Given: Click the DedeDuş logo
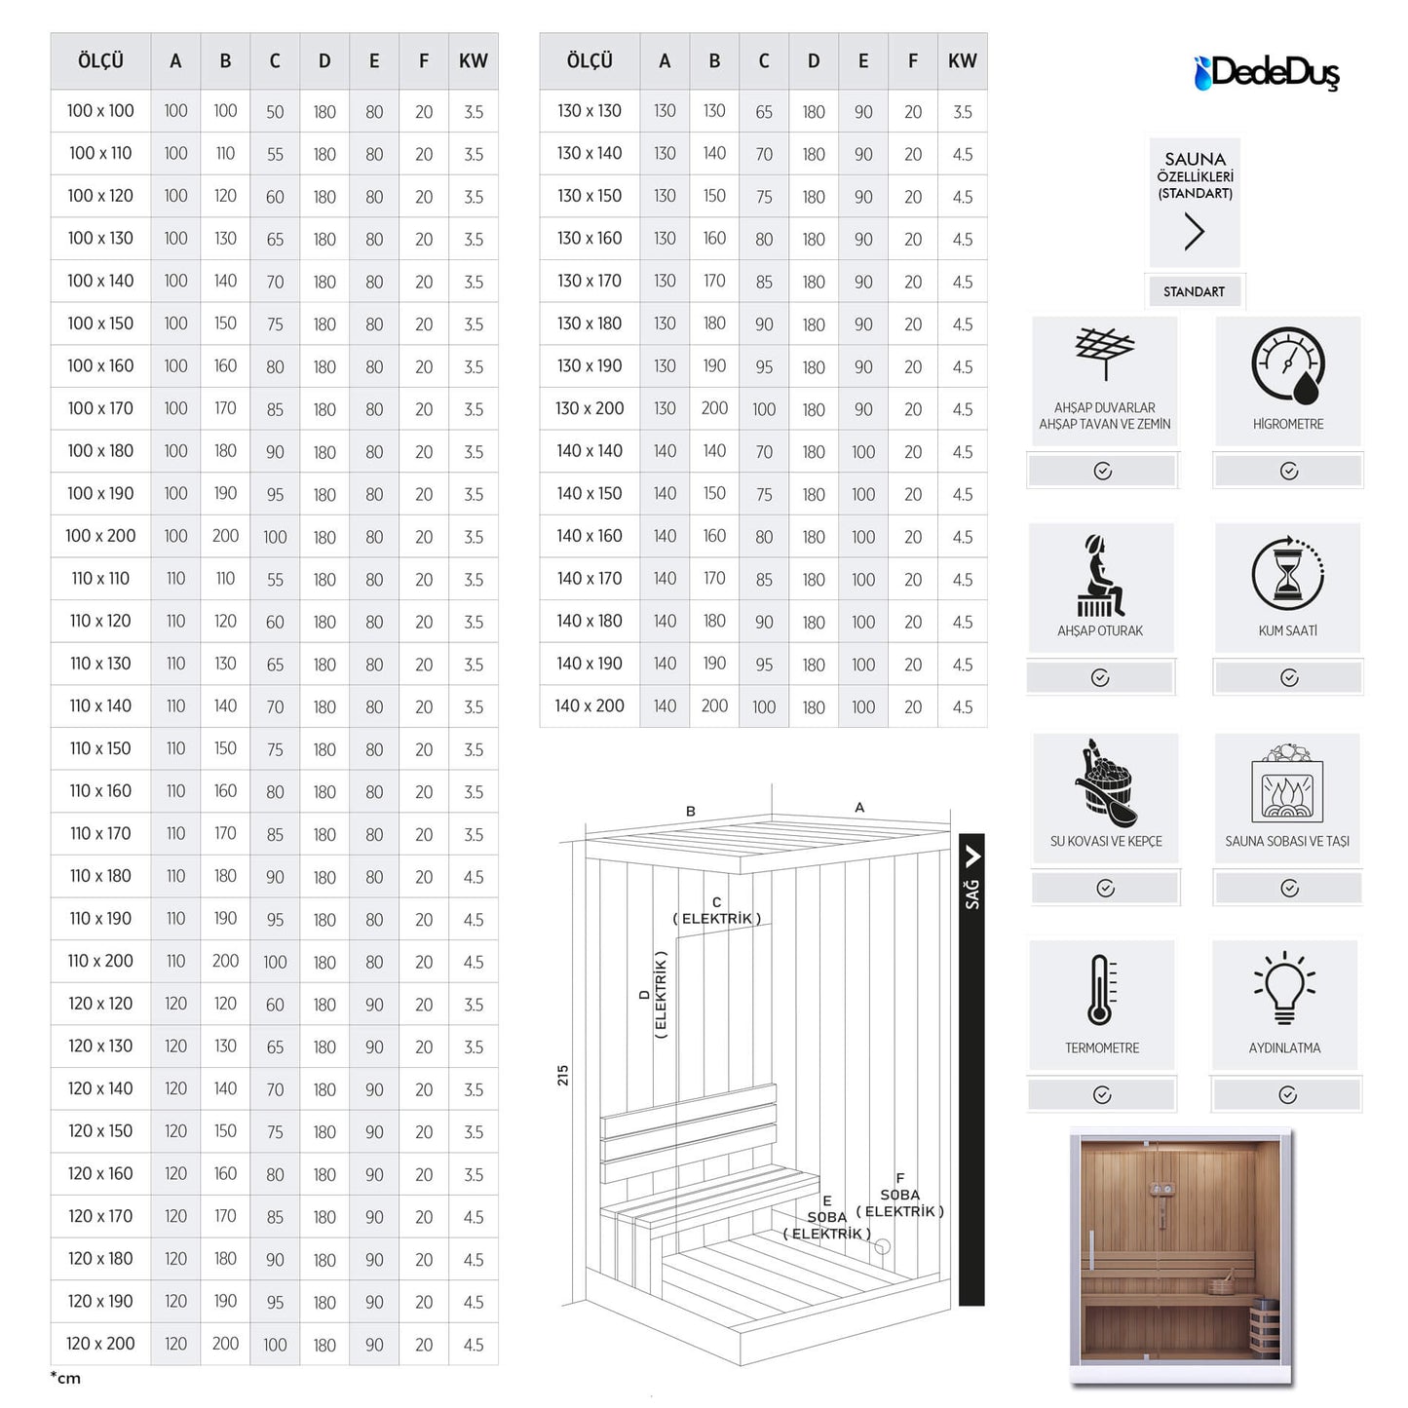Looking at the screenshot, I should [1267, 72].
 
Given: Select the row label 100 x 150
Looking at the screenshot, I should [100, 323].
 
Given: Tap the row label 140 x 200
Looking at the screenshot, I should [590, 706].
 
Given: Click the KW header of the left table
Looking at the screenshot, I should [474, 61].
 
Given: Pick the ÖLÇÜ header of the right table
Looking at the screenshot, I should [590, 61].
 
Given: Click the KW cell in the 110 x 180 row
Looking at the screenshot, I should [474, 877].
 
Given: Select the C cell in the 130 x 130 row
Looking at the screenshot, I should [764, 112].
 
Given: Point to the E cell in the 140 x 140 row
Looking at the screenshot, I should [863, 452].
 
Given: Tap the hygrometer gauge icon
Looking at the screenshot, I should [1288, 365].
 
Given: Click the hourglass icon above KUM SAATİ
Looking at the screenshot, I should [1288, 574].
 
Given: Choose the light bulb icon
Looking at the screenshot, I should [1284, 989].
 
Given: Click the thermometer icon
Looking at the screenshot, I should [1102, 990].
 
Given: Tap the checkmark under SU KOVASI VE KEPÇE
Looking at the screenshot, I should [1105, 888].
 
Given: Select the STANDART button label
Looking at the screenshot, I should [1194, 291].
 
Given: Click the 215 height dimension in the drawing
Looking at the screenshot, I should [562, 1075].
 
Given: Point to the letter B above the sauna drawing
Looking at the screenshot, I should [691, 811].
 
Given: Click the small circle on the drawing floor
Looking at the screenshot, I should [883, 1246].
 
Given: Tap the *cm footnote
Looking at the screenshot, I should [65, 1378].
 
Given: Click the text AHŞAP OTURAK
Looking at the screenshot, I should [1100, 630].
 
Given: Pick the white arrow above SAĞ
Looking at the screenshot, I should [972, 856].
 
